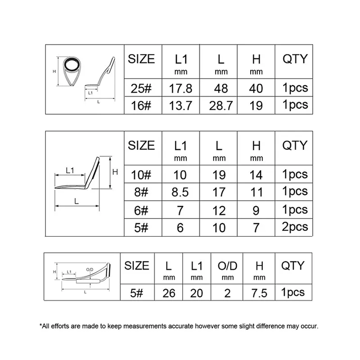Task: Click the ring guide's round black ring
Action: coord(70,66)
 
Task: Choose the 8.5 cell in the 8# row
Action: coord(180,192)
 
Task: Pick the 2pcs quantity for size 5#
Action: coord(295,227)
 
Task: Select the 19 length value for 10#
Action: coord(219,174)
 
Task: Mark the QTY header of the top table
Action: coord(294,59)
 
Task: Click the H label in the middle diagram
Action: coord(115,171)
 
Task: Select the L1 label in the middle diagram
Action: coord(70,170)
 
